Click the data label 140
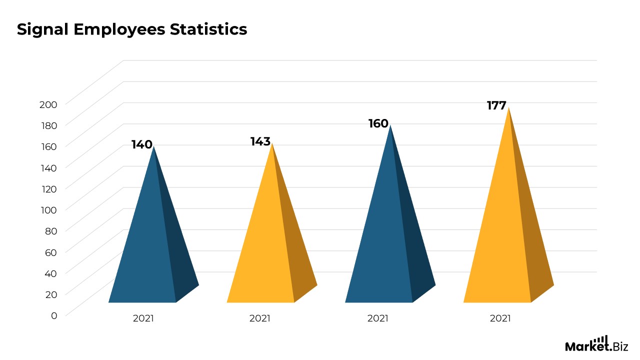(x=141, y=145)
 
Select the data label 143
(x=260, y=142)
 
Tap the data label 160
(x=378, y=123)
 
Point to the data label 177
(x=496, y=105)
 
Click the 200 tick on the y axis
(x=48, y=104)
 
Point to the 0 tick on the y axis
(x=54, y=315)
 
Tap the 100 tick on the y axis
(x=48, y=209)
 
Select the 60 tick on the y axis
(x=51, y=252)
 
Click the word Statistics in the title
(x=208, y=29)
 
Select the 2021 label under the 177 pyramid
(x=500, y=318)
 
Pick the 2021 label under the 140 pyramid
(x=143, y=318)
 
